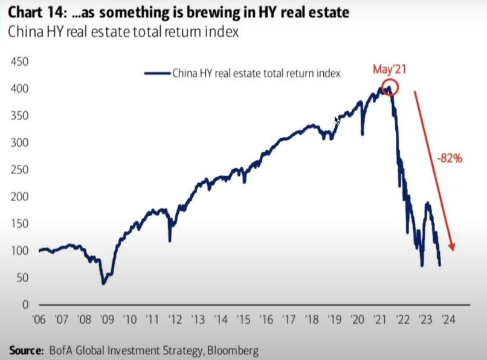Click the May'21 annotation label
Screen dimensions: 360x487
click(389, 69)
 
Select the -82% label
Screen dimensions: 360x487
click(450, 159)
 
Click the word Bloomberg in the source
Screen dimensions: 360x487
click(232, 350)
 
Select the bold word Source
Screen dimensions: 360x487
click(26, 350)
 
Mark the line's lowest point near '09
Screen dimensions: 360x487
click(103, 283)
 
